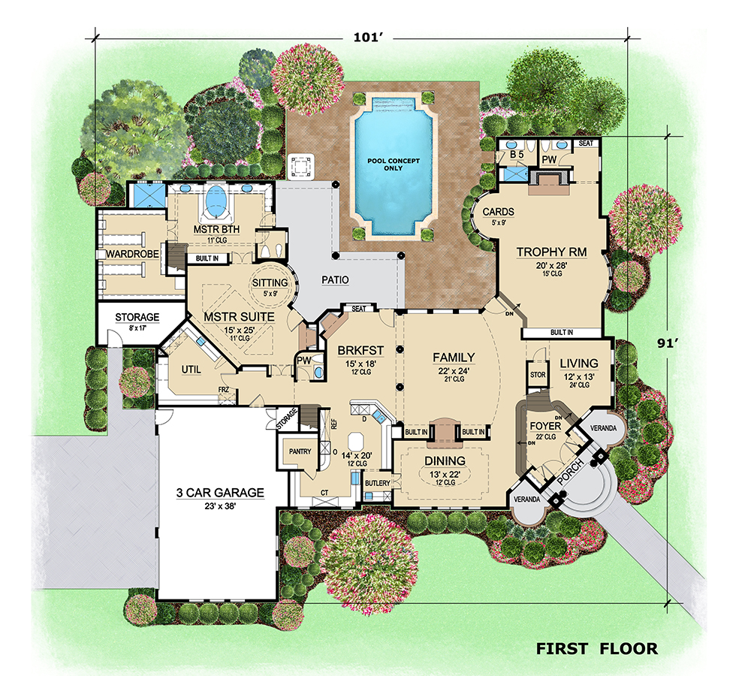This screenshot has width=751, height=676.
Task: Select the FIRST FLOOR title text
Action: point(596,647)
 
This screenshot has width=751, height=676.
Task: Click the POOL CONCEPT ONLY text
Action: point(395,164)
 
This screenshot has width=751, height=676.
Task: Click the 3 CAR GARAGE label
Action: point(220,493)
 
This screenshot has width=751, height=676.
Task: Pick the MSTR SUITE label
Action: point(239,317)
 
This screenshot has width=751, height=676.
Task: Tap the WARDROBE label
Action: point(132,254)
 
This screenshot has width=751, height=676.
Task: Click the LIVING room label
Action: point(579,364)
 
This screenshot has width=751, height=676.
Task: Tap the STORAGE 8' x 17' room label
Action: point(137,317)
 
